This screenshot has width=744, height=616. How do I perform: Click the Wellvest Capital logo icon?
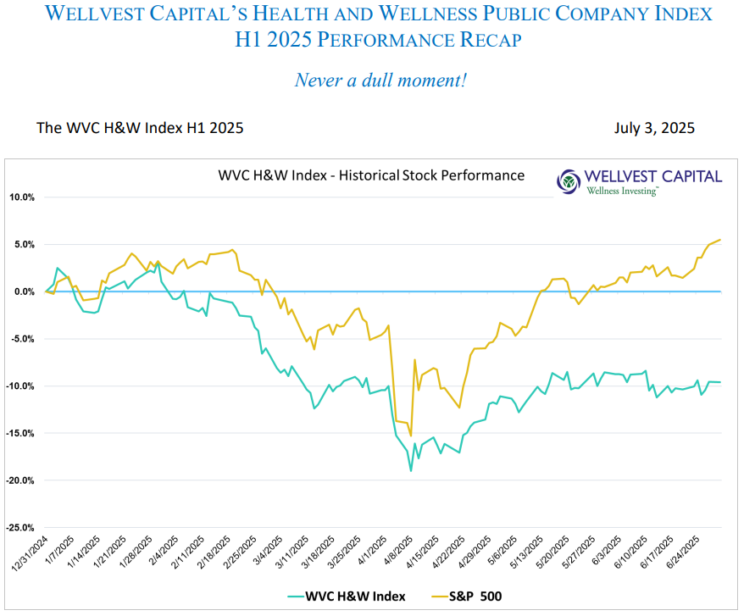click(569, 180)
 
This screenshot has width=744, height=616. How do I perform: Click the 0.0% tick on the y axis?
click(23, 291)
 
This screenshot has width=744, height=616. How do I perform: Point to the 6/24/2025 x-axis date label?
click(685, 552)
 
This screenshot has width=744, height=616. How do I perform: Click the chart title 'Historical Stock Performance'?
click(371, 175)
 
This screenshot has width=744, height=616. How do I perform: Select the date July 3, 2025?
click(655, 128)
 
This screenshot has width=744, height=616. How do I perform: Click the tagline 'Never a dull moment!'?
click(380, 80)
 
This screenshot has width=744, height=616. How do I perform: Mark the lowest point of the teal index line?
click(411, 470)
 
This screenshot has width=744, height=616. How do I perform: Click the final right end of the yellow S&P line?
click(720, 240)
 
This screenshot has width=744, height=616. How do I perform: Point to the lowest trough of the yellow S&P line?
click(411, 436)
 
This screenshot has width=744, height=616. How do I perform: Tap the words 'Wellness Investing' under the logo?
click(622, 191)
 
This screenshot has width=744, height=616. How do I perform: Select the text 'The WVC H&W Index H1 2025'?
click(140, 128)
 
